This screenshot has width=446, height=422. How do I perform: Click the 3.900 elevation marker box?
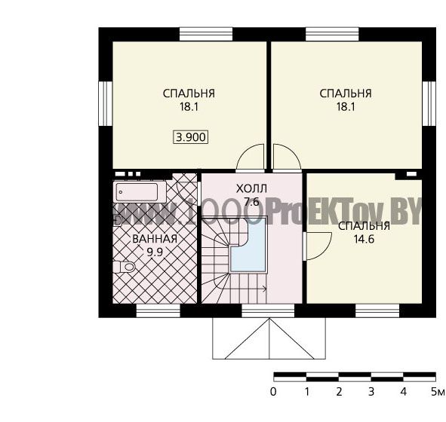pos(191,137)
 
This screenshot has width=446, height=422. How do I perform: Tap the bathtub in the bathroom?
pos(140,192)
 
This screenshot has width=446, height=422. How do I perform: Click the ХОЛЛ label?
pos(251,188)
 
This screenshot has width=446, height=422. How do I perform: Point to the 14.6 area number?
pos(364,240)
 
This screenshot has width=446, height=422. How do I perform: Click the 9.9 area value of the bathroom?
pos(155,252)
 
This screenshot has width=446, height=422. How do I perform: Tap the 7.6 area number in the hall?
pos(252,202)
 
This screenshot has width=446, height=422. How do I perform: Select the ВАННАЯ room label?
pos(155,239)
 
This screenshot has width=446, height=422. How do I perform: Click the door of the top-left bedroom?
pos(251,158)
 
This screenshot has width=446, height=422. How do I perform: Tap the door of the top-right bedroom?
pos(287,158)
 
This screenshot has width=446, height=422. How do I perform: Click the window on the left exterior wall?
pos(106,104)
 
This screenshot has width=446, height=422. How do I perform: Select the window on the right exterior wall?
pos(429,104)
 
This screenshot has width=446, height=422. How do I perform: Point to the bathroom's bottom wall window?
pos(158,310)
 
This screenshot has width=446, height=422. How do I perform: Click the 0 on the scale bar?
pos(273,392)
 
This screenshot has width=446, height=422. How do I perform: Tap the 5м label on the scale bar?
pos(438,392)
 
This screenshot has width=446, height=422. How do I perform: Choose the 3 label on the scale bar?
pos(371,392)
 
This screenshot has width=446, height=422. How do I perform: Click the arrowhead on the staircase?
pos(265,289)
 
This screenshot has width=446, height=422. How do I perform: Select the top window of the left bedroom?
pos(206,34)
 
